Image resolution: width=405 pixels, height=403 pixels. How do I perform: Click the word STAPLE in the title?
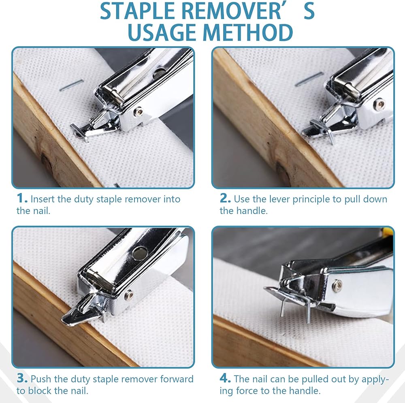(138, 11)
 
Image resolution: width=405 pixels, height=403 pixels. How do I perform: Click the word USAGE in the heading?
(163, 32)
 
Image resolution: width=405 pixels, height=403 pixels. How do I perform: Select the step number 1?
(22, 198)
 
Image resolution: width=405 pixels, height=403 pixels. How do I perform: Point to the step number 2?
(225, 198)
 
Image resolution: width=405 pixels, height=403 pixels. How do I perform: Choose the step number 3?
(22, 378)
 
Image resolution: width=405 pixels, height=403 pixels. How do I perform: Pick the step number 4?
(225, 378)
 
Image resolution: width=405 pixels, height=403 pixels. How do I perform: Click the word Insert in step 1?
(43, 199)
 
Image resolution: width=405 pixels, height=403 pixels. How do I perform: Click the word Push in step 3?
(41, 379)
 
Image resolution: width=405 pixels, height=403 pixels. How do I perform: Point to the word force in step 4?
(247, 391)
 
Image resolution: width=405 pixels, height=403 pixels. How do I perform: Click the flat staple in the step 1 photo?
(72, 85)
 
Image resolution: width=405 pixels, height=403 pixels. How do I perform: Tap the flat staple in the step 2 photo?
(309, 79)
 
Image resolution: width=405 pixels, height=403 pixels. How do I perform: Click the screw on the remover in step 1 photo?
(138, 112)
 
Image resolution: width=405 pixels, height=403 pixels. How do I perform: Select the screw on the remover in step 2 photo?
(380, 104)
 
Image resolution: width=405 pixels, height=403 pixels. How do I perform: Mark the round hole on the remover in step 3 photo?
(140, 253)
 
